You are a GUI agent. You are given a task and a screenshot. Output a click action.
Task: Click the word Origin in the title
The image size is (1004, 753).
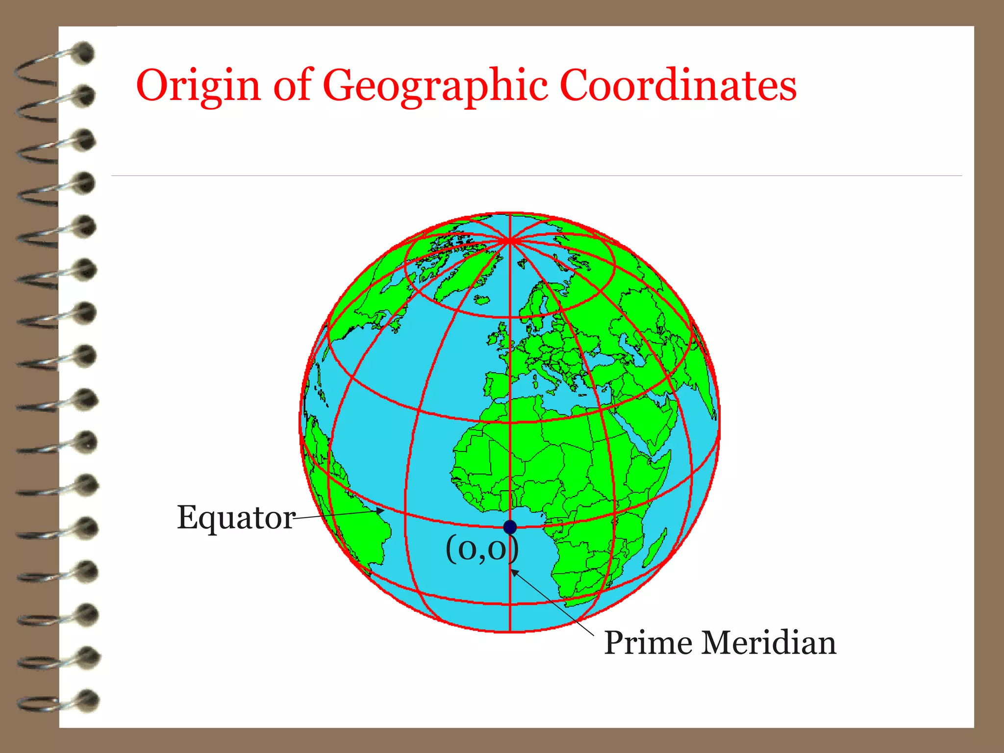pos(198,86)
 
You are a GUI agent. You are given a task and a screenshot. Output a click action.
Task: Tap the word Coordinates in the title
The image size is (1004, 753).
pos(678,85)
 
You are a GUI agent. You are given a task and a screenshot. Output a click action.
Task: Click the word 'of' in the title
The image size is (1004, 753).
pos(293,85)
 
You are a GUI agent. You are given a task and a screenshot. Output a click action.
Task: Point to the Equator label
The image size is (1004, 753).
pos(236,518)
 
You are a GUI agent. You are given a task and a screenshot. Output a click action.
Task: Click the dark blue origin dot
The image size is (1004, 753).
pos(510,527)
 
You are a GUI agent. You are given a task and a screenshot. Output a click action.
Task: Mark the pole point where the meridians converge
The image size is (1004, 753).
pos(510,240)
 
